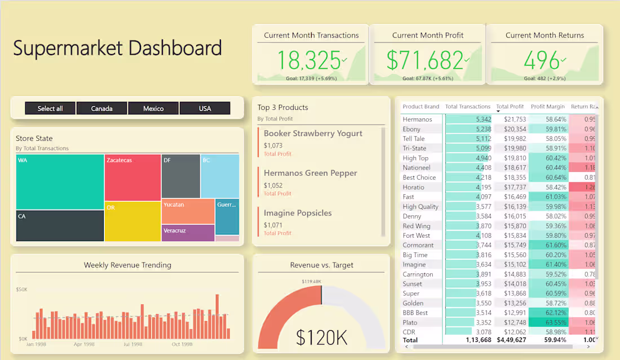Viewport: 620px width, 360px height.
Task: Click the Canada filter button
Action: click(101, 108)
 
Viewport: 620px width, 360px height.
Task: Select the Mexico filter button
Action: click(153, 108)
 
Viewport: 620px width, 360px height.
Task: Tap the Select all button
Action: click(50, 108)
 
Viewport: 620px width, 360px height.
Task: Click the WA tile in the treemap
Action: click(60, 182)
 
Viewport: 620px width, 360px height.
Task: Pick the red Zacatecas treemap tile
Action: click(132, 177)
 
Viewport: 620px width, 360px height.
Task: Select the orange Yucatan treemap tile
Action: click(188, 211)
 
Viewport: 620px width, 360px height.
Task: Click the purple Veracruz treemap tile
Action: click(188, 233)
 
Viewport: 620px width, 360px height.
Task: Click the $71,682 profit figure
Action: click(426, 60)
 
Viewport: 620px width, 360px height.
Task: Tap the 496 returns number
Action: click(542, 60)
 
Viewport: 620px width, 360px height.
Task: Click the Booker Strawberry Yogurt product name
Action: click(313, 134)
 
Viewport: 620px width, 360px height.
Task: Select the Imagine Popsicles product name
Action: click(298, 213)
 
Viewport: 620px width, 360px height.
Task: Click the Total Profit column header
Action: click(510, 106)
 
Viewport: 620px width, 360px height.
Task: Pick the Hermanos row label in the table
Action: click(417, 119)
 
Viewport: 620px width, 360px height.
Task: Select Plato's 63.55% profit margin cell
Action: click(548, 322)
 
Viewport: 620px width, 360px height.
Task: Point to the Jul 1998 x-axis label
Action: click(134, 344)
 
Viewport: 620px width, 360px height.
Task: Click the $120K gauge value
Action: click(321, 337)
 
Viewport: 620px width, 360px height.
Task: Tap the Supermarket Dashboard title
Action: click(117, 48)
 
